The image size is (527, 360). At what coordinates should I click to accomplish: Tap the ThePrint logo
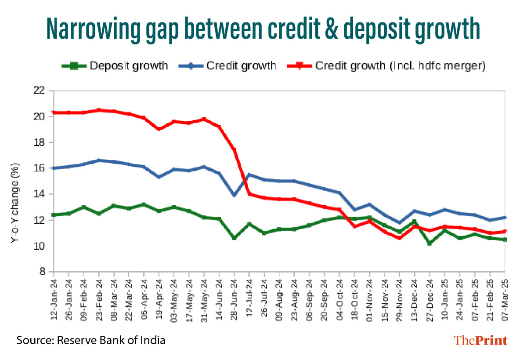(x=480, y=340)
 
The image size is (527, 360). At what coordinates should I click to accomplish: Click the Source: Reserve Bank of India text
(x=91, y=340)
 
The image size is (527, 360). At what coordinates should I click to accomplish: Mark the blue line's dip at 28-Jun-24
(x=235, y=195)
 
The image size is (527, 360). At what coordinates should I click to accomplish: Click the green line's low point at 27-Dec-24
(x=430, y=243)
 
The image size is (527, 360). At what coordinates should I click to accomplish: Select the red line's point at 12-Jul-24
(x=249, y=194)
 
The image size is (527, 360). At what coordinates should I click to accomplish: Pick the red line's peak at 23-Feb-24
(x=99, y=110)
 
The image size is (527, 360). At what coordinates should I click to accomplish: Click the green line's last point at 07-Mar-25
(x=505, y=239)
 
